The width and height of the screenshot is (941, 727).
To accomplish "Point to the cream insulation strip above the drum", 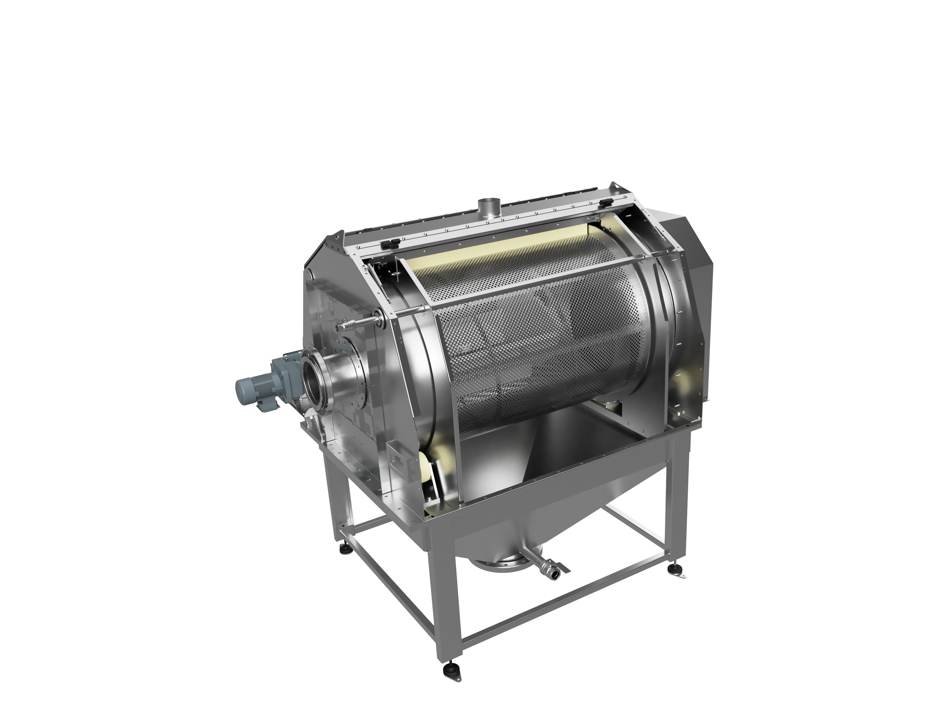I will pyautogui.click(x=496, y=245).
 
